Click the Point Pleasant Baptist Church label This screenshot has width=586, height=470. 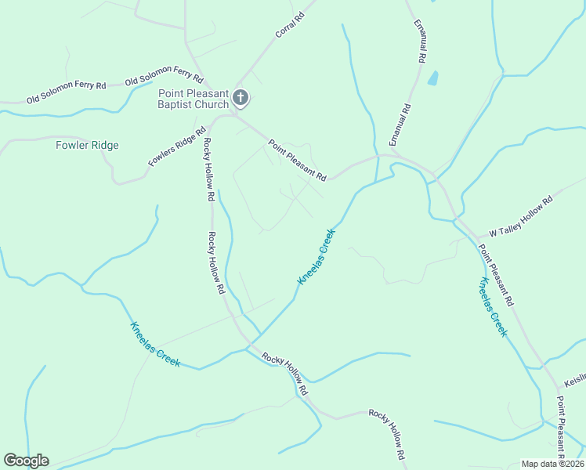tap(193, 99)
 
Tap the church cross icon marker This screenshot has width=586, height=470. tap(241, 98)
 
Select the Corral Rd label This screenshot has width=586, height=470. tap(289, 26)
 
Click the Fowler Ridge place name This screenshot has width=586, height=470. tap(87, 145)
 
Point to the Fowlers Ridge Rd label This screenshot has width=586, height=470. tap(176, 146)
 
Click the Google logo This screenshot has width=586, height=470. tap(26, 460)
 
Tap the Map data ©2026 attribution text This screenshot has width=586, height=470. tap(552, 464)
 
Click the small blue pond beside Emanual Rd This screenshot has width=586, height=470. tap(432, 78)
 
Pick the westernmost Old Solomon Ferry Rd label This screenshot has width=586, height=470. tap(66, 92)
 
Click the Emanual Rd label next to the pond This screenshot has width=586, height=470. tap(421, 43)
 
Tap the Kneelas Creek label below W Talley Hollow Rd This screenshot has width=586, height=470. tap(494, 307)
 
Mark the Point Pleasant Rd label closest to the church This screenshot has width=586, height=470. tap(296, 159)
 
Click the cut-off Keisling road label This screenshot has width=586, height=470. tap(574, 381)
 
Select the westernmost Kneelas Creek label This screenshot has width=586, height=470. tap(155, 345)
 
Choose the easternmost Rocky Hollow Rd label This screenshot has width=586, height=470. tap(387, 434)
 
